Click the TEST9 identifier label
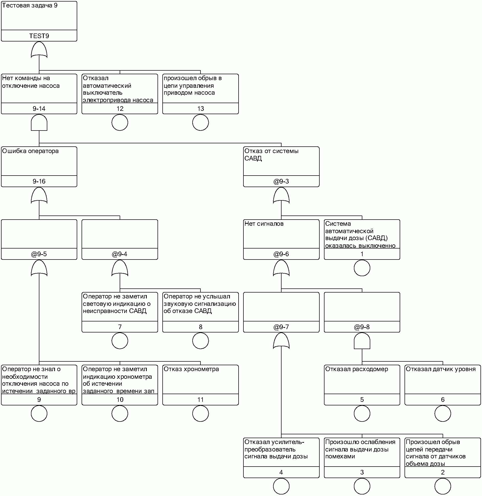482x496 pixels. (x=39, y=36)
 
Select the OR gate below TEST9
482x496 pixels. (x=39, y=50)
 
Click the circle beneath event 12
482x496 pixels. (x=120, y=123)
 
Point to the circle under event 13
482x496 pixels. (x=200, y=123)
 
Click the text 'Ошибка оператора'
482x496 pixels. (x=30, y=151)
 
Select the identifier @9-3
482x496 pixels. (x=281, y=181)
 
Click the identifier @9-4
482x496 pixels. (x=120, y=254)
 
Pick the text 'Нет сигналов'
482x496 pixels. (x=264, y=224)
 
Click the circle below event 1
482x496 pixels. (x=362, y=268)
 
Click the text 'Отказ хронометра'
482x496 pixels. (x=191, y=369)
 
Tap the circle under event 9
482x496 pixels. (x=39, y=414)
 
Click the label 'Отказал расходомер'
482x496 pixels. (x=356, y=369)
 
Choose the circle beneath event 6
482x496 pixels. (x=443, y=414)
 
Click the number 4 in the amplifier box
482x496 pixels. (x=281, y=472)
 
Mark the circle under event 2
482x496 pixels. (x=443, y=486)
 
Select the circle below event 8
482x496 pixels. (x=200, y=341)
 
